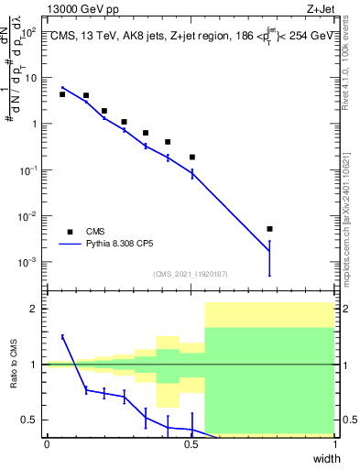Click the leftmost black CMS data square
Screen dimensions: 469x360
pyautogui.click(x=62, y=94)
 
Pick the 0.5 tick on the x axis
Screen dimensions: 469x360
pyautogui.click(x=191, y=444)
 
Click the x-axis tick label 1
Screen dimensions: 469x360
pyautogui.click(x=334, y=444)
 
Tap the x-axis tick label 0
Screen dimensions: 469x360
pyautogui.click(x=47, y=444)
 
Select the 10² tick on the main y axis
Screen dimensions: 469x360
pyautogui.click(x=28, y=32)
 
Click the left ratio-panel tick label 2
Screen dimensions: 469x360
pyautogui.click(x=34, y=309)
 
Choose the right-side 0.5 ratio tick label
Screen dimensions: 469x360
pyautogui.click(x=348, y=420)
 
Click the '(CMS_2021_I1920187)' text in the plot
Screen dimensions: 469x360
pyautogui.click(x=190, y=274)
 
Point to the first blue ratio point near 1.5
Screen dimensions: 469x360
pyautogui.click(x=62, y=337)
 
